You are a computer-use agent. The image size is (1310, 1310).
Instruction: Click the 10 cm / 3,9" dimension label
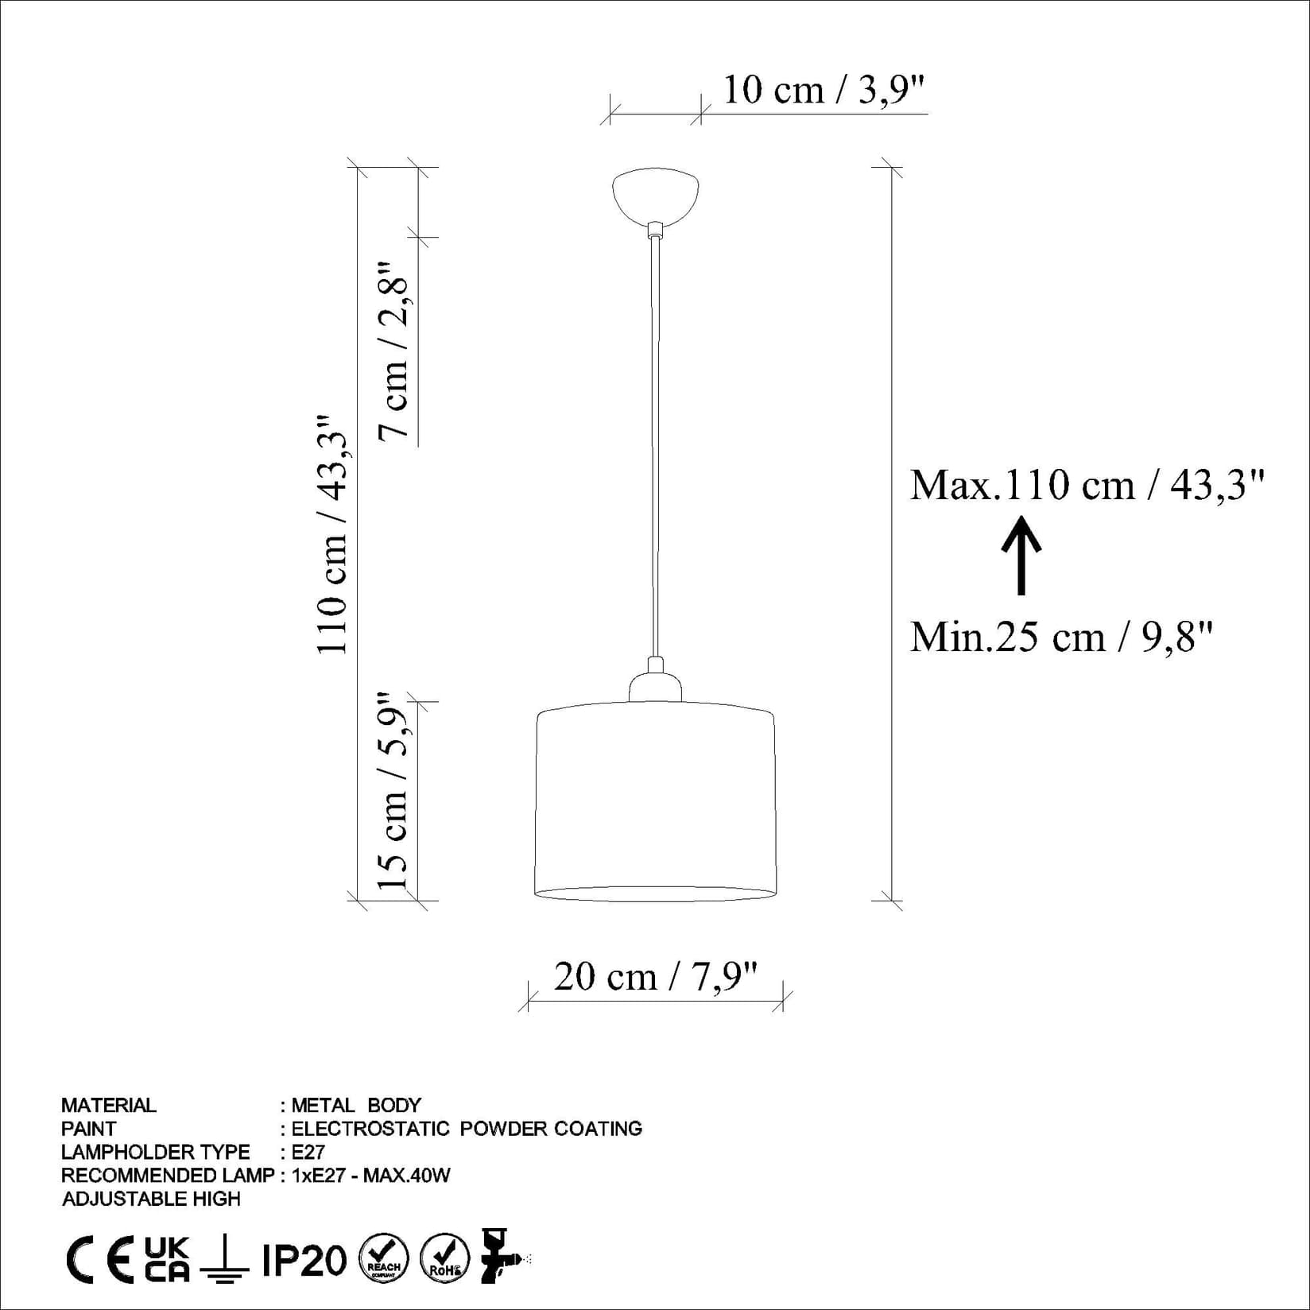(x=824, y=90)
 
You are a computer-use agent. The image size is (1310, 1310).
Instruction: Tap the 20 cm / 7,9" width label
(x=655, y=976)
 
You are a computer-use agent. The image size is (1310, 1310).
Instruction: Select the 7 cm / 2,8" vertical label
(x=394, y=350)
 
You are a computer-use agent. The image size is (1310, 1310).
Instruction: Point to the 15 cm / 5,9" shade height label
(x=393, y=792)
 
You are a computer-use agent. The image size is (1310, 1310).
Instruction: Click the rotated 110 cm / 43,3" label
(x=333, y=534)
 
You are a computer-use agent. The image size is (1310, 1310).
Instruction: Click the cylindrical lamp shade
(x=655, y=803)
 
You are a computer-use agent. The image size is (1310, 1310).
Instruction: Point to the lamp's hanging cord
(x=655, y=445)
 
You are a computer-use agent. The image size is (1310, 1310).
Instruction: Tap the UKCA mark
(x=168, y=1259)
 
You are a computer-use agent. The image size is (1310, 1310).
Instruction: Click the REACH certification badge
(x=384, y=1259)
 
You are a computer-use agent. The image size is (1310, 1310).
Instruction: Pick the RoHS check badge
(x=444, y=1259)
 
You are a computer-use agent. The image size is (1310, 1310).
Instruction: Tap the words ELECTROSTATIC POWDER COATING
(x=467, y=1128)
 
